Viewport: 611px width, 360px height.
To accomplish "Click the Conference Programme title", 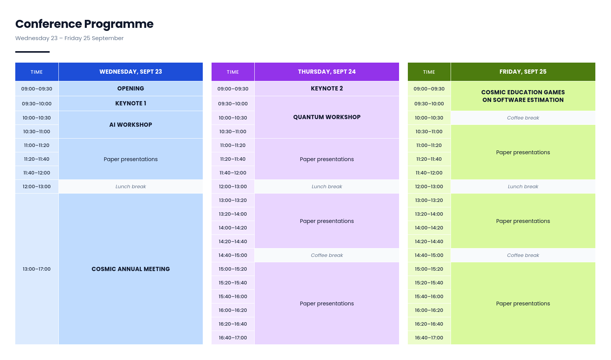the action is (84, 24).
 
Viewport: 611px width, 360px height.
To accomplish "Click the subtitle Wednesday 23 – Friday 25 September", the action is (69, 38).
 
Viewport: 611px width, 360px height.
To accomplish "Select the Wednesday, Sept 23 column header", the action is (131, 72).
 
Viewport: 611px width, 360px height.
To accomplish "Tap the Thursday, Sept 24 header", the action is (327, 72).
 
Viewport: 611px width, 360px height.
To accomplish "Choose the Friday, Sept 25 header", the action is (523, 72).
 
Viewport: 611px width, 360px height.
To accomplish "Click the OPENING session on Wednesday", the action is (131, 89).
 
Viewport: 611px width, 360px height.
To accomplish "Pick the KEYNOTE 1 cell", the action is (131, 103).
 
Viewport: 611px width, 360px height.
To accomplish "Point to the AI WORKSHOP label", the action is (131, 124).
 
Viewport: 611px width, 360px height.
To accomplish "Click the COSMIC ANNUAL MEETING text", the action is (131, 269).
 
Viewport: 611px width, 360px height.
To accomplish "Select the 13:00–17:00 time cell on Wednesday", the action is (37, 269).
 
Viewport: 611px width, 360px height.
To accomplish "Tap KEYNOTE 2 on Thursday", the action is (327, 89).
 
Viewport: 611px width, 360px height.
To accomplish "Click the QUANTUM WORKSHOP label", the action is (327, 117).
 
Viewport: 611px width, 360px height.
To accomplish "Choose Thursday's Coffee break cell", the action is (327, 255).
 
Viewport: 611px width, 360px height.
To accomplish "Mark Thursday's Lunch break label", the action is (327, 187).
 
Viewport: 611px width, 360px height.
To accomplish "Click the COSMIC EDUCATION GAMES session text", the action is (523, 96).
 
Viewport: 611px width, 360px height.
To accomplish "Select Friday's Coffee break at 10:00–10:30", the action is (523, 118).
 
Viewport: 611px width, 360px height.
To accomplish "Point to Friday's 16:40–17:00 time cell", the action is (429, 337).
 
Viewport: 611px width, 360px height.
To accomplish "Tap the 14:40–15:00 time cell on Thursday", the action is (233, 255).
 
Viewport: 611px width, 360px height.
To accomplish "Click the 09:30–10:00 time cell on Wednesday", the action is (37, 103).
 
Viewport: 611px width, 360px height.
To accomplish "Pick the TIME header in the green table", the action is (429, 72).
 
